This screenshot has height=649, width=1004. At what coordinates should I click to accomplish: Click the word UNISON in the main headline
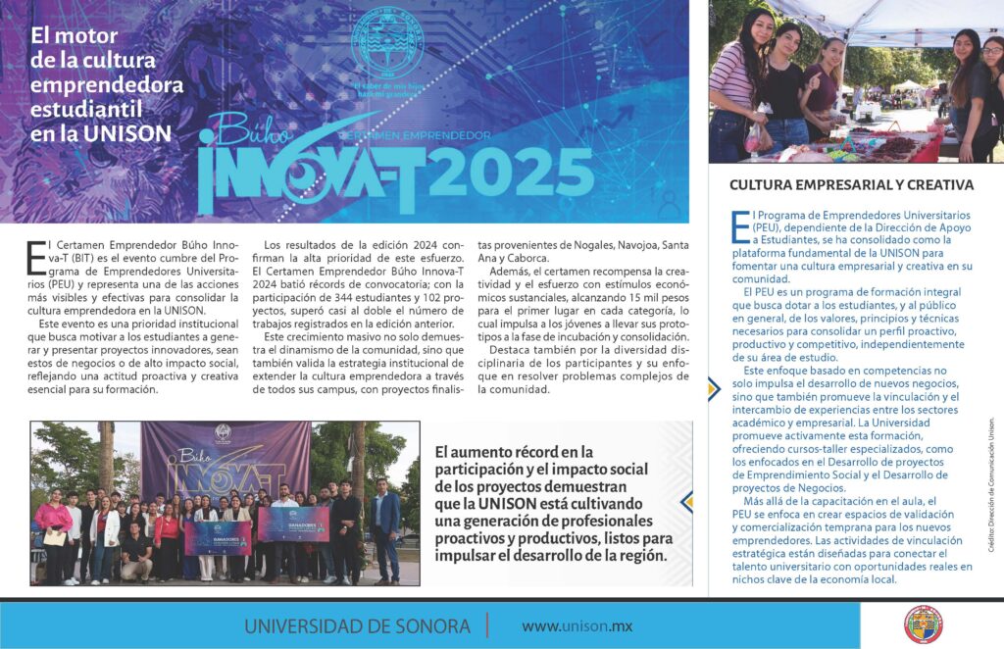tap(117, 131)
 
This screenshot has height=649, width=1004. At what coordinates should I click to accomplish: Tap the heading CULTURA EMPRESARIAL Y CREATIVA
tap(851, 184)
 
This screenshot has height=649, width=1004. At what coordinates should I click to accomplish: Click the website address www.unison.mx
tap(577, 625)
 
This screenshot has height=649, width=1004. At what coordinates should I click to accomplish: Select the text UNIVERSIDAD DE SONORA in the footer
tap(357, 625)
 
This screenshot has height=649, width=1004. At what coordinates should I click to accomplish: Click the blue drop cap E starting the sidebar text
tap(737, 225)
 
